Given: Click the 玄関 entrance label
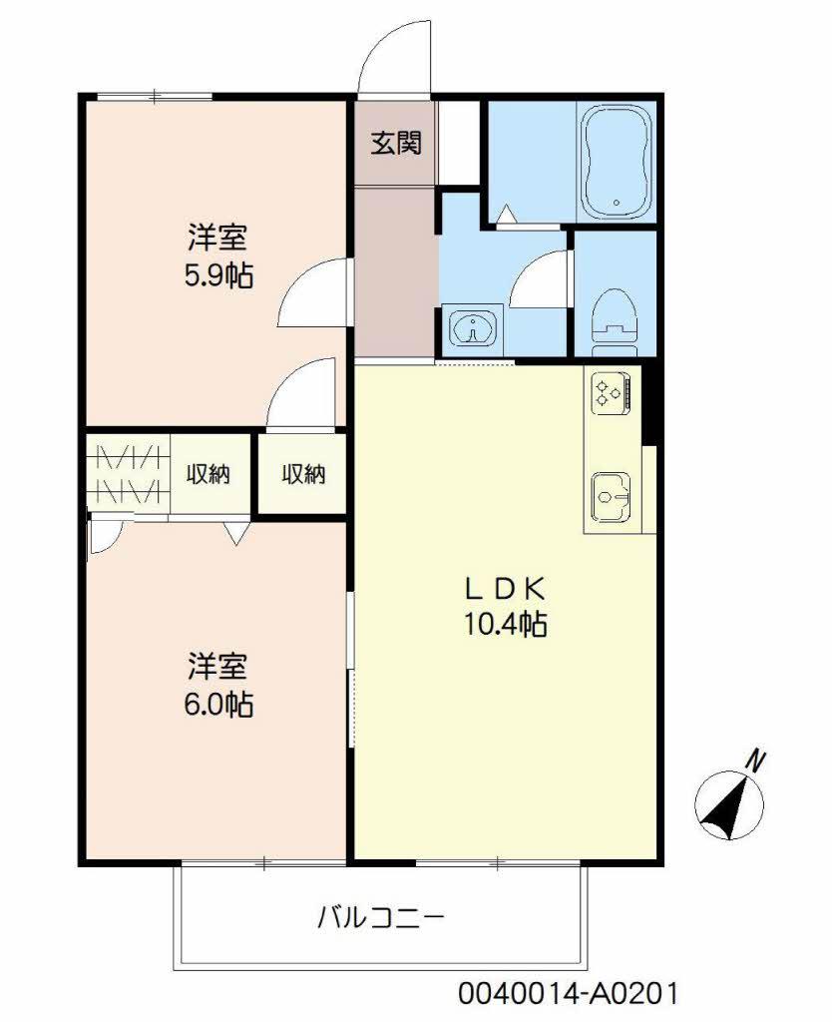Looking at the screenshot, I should click(x=396, y=144).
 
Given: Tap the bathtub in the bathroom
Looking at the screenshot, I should click(x=616, y=163).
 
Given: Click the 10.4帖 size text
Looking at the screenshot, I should click(x=504, y=626).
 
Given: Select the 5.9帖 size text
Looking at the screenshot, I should click(x=217, y=275).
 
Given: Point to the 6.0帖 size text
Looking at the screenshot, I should click(x=217, y=706).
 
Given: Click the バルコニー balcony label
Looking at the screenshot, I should click(x=380, y=916).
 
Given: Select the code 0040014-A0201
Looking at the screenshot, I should click(x=570, y=994).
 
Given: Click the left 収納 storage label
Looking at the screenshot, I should click(x=208, y=474).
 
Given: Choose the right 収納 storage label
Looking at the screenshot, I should click(x=302, y=474).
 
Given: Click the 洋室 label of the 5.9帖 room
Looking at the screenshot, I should click(x=217, y=239).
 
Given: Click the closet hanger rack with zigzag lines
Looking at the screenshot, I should click(x=127, y=474).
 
